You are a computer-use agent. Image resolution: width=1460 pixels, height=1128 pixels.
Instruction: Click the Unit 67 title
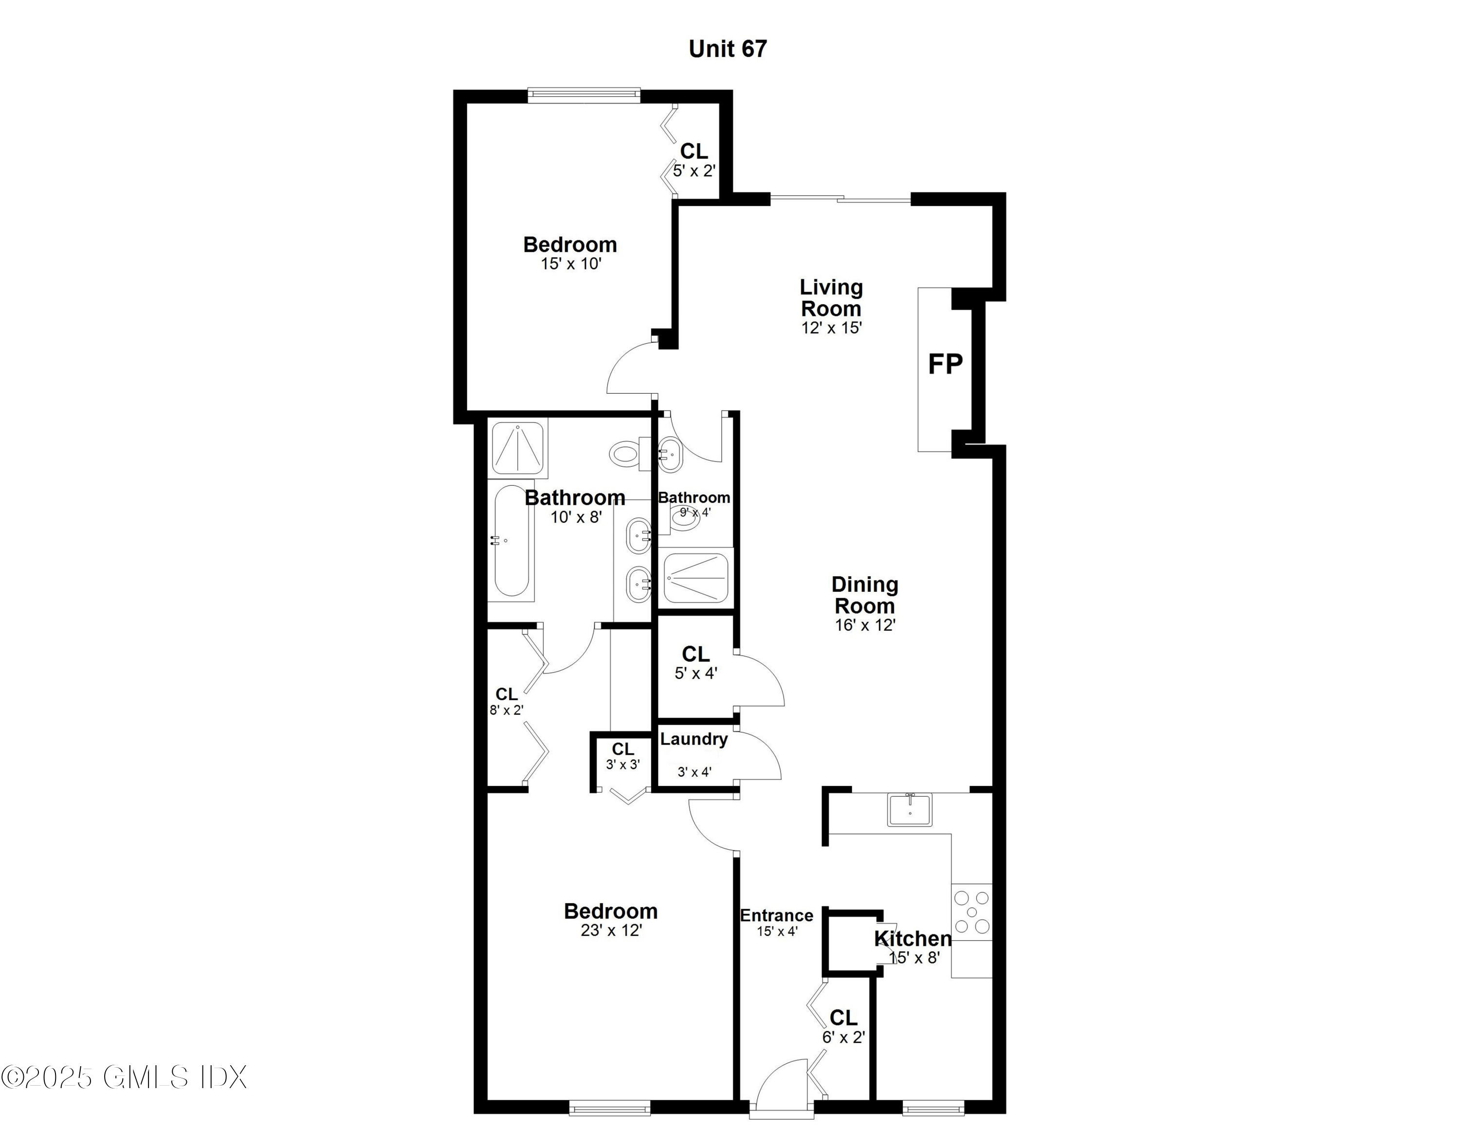tap(728, 49)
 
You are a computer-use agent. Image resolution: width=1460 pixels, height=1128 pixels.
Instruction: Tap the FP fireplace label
tap(945, 364)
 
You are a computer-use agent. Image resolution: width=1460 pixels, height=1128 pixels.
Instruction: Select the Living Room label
tap(831, 298)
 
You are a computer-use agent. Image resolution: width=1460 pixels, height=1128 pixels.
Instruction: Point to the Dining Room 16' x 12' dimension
tap(864, 625)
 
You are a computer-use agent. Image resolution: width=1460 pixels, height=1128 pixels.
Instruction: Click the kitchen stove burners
tap(972, 911)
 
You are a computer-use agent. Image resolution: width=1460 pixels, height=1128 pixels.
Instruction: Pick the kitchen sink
tap(910, 810)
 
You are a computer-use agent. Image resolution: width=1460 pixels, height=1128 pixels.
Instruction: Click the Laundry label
tap(693, 739)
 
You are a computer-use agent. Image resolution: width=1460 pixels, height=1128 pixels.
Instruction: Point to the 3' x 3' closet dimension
tap(622, 764)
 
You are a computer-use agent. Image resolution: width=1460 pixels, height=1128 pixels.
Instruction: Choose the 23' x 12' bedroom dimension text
tap(611, 930)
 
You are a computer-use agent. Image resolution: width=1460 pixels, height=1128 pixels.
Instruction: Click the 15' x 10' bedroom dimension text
tap(571, 264)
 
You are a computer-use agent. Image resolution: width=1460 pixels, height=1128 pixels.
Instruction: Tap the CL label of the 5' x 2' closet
tap(694, 151)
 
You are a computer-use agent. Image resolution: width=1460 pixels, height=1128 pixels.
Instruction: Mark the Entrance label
tap(776, 915)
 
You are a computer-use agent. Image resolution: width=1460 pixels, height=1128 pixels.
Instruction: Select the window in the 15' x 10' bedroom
tap(584, 95)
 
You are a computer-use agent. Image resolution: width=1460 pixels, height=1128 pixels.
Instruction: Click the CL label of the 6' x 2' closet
tap(843, 1018)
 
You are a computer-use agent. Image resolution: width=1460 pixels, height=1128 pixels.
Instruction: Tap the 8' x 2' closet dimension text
tap(506, 710)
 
